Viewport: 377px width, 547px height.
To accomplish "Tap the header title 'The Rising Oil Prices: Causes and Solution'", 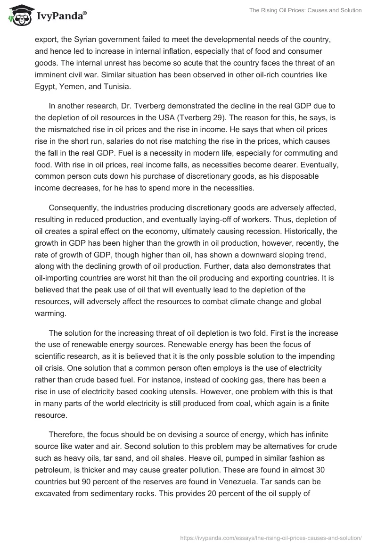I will (x=304, y=10).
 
